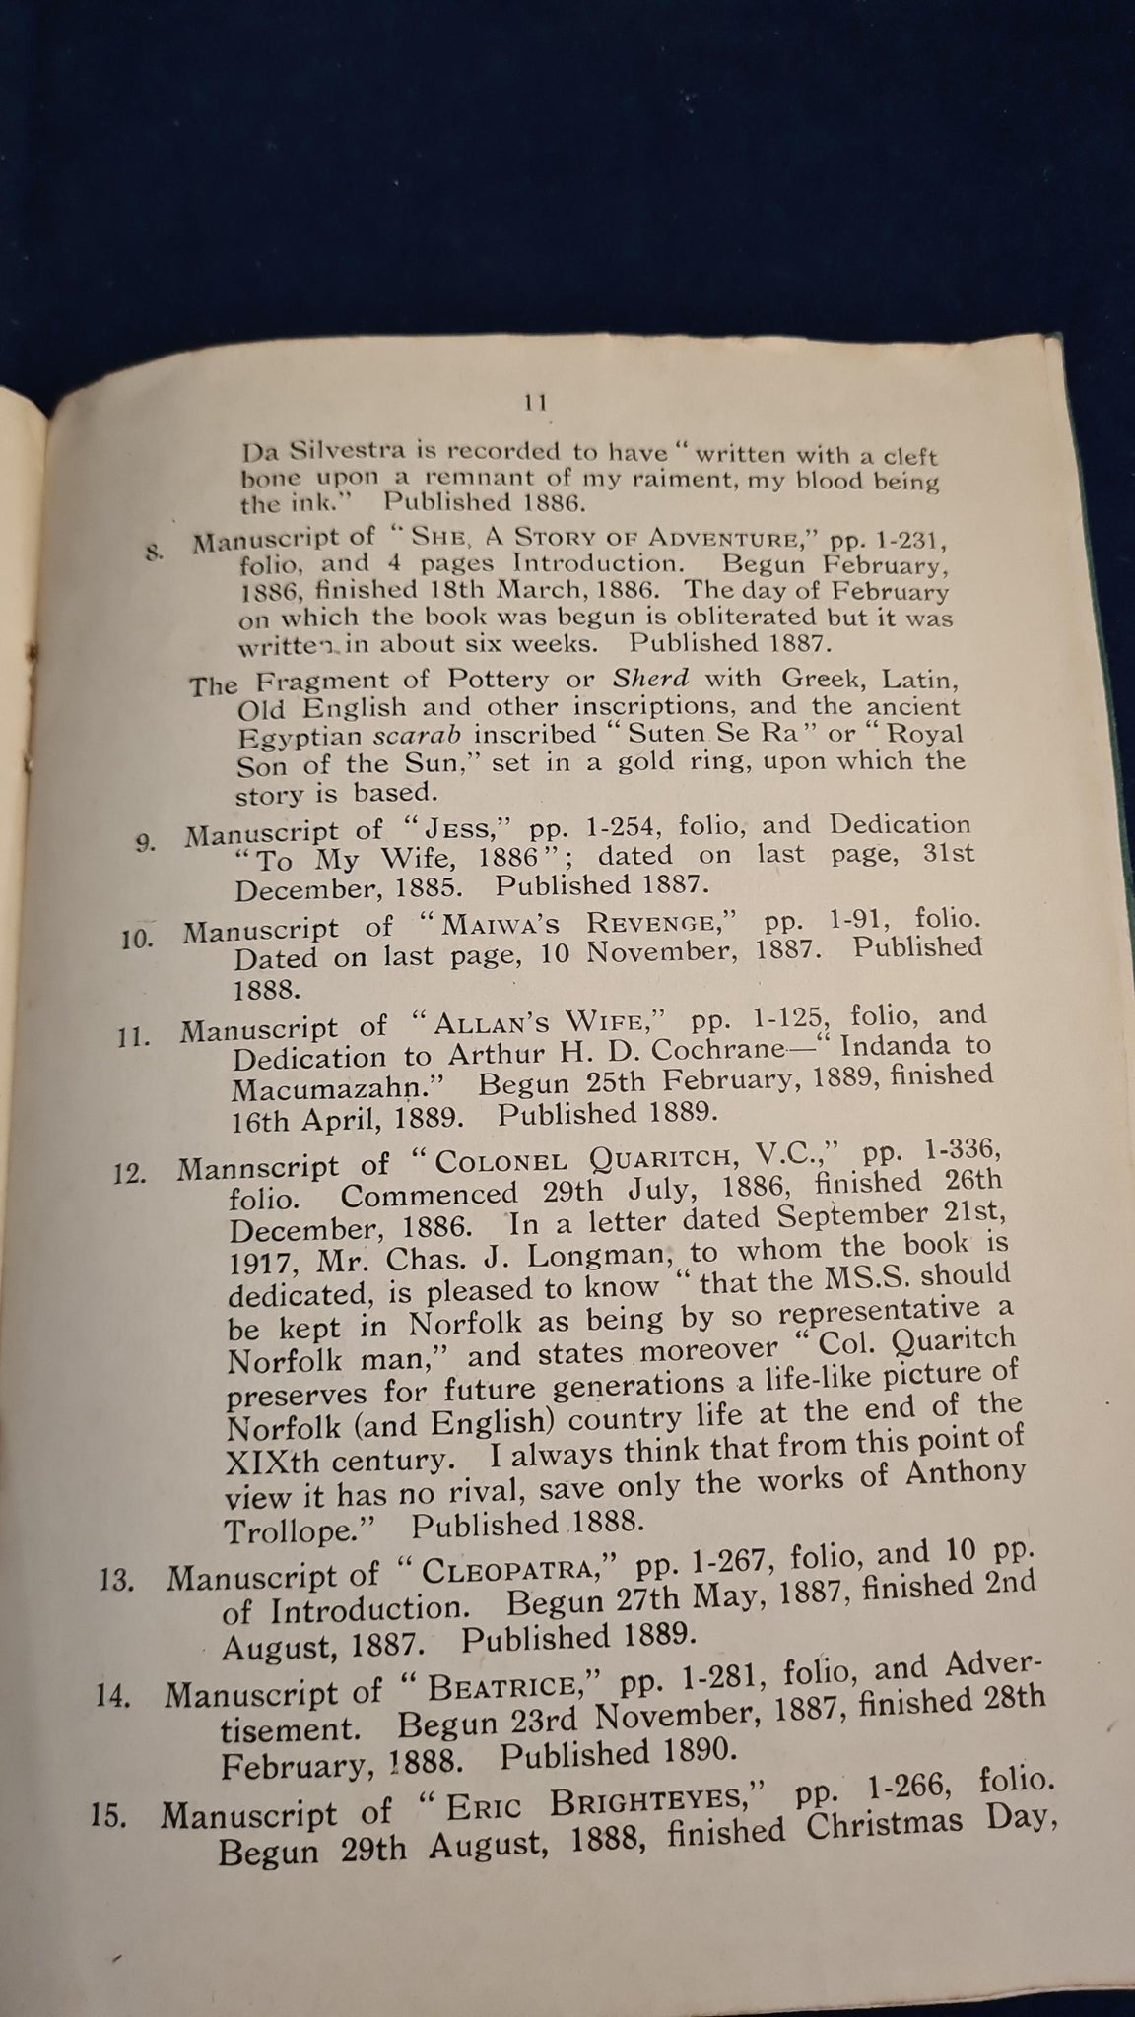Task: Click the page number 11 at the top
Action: tap(537, 402)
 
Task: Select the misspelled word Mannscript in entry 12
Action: tap(258, 1168)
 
